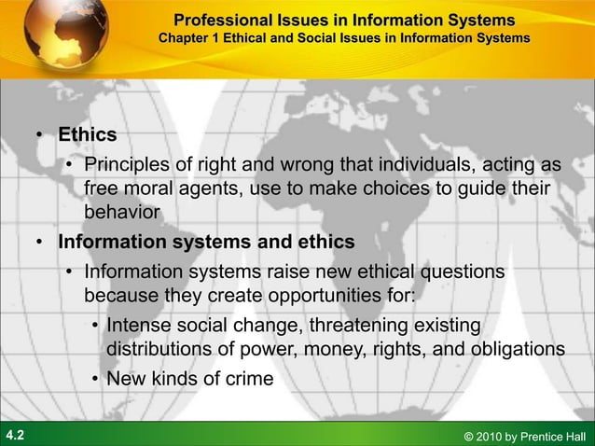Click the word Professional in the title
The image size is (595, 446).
[218, 20]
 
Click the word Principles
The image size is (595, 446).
[127, 166]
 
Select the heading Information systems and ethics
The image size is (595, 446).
[206, 242]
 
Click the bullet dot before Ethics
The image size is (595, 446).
[41, 136]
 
